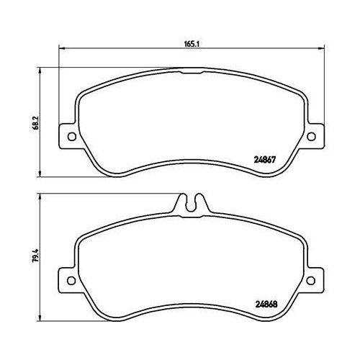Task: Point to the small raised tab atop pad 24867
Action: click(192, 71)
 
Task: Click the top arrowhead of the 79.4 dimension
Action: click(40, 197)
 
